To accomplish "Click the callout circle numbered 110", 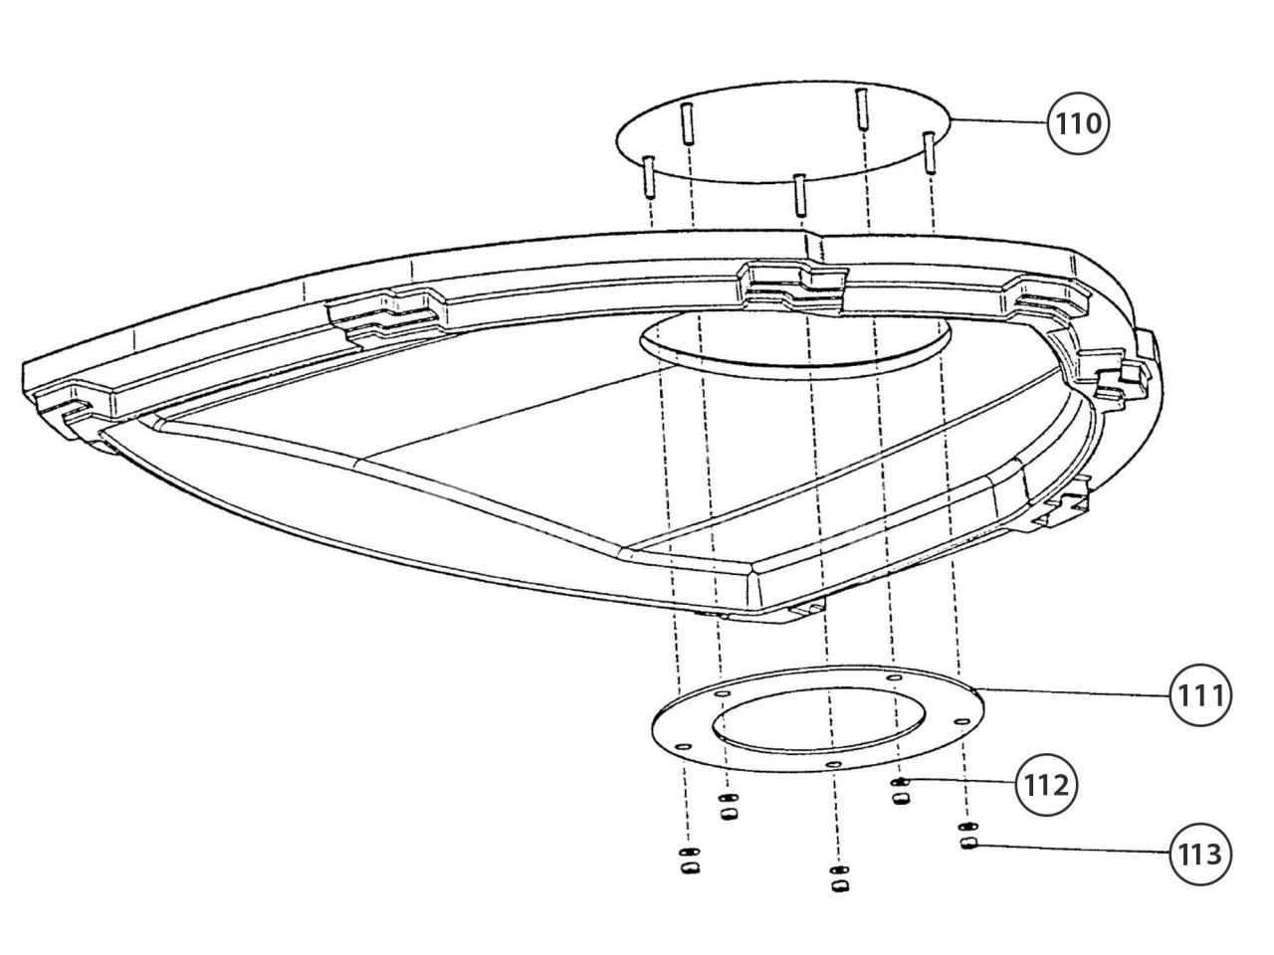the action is pos(1077,123).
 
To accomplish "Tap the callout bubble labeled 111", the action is pos(1199,694).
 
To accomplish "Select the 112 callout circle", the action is pos(1046,786).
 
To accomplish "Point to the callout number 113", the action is pos(1199,855).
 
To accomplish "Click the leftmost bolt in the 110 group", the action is pos(648,177).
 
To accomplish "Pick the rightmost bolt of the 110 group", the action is pos(929,152).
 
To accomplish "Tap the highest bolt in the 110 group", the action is pos(861,107).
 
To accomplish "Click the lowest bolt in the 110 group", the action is pos(800,194).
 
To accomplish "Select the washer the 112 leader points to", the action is pos(900,782).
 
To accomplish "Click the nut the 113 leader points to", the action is pos(967,844).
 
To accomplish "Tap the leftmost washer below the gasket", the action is pos(689,852).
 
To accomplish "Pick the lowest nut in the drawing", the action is pos(840,886).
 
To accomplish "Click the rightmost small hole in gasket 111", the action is pos(961,721).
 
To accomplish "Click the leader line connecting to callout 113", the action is pos(1073,849).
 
